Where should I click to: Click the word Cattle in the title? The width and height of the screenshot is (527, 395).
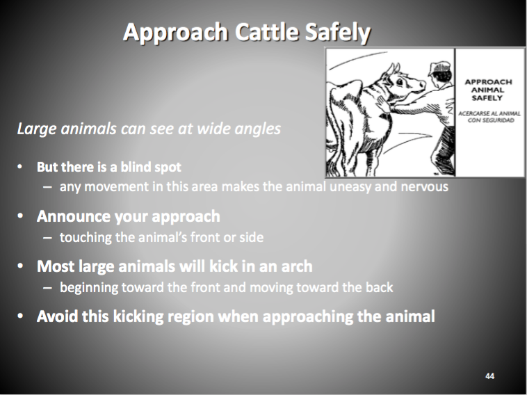coord(268,31)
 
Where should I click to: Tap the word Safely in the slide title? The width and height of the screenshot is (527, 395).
coord(338,32)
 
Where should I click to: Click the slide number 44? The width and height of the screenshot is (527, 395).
coord(489,376)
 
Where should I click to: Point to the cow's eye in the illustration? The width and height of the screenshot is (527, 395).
coord(400,81)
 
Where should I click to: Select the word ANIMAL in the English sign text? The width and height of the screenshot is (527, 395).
coord(487,90)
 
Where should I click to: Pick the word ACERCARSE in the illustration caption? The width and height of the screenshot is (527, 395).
coord(471,113)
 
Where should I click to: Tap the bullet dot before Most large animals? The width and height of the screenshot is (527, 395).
coord(20,266)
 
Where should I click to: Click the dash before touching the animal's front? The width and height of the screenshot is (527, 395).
coord(47,238)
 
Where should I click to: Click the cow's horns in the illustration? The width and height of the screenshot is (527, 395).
coord(394,69)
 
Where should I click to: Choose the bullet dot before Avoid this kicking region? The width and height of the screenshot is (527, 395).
coord(20,316)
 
